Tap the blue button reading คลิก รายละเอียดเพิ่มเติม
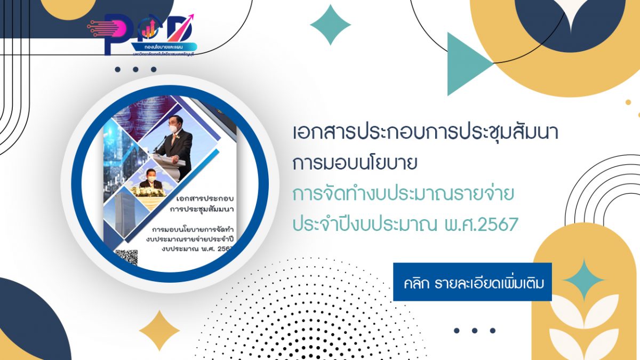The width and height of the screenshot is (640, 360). coord(472,282)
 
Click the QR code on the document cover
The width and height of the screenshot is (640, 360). coord(126,257)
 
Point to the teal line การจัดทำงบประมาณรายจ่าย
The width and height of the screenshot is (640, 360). coord(403,195)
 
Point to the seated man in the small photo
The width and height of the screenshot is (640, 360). coord(151,185)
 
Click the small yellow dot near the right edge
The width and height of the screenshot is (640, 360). coord(628,102)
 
